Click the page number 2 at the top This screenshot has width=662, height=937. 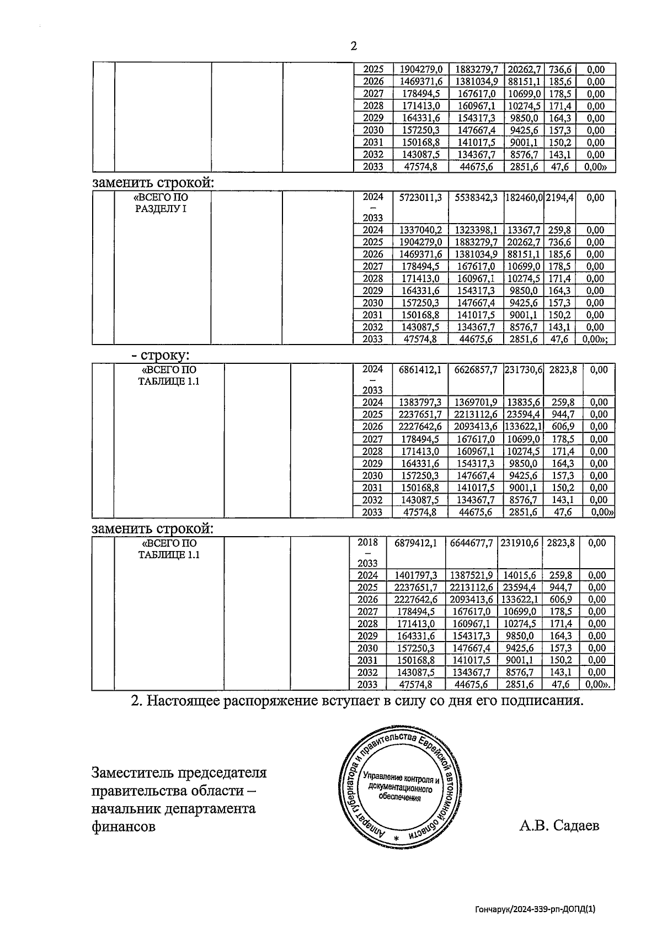pos(354,46)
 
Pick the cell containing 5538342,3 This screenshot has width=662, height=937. pos(476,198)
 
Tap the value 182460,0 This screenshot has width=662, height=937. pos(524,198)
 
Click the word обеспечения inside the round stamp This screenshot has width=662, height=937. pos(399,797)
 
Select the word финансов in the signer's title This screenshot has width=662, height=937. pos(124,827)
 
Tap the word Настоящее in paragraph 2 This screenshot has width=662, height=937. pos(184,701)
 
